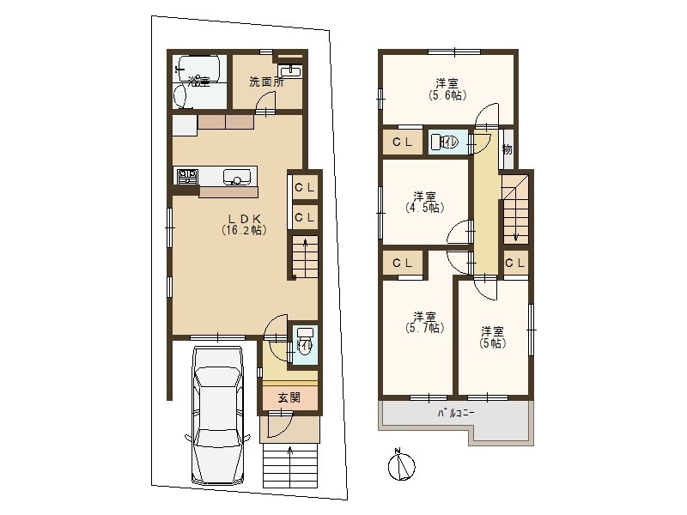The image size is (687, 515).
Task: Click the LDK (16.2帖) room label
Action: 244,224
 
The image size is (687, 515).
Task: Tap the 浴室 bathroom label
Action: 199,82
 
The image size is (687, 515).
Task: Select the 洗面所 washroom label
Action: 266,82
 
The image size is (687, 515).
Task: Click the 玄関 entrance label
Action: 289,397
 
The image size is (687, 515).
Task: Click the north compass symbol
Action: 401,465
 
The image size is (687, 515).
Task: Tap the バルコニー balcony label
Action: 456,413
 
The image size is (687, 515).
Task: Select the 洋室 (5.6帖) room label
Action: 447,89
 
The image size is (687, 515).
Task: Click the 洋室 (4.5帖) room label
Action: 424,202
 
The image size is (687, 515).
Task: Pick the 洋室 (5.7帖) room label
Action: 424,322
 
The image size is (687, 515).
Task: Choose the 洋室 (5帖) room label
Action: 492,336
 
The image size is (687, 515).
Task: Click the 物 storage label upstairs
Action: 507,149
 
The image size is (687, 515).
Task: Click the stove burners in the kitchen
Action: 187,177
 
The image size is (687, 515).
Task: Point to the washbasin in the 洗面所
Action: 289,71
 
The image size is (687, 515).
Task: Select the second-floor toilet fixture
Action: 444,142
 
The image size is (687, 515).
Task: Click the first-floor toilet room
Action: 305,346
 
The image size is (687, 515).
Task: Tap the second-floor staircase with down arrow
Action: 515,209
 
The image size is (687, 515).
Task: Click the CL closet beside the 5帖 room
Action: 515,264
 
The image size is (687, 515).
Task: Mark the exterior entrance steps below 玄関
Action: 289,466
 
